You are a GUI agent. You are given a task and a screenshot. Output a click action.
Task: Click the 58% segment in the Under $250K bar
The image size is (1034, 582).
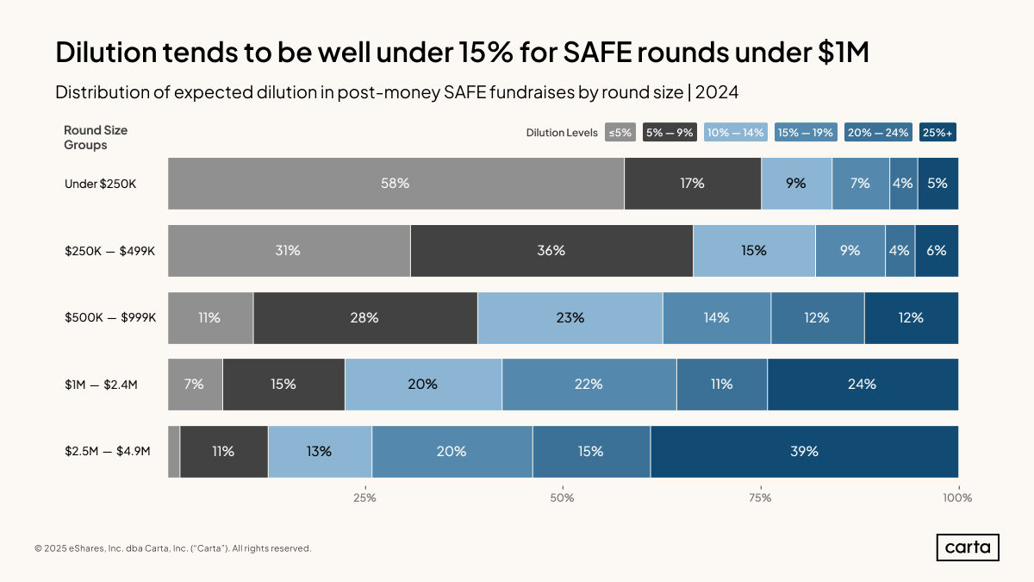396,183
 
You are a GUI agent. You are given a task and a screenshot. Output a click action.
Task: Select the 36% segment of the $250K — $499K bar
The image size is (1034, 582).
551,250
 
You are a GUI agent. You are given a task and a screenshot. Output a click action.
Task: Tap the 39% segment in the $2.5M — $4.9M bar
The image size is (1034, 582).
804,451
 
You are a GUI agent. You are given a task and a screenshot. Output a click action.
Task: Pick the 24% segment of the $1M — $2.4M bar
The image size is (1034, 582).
862,385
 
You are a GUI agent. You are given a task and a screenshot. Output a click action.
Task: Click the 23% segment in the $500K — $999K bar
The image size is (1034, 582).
570,317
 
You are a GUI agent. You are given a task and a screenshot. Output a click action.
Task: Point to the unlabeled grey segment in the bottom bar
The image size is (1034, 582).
174,451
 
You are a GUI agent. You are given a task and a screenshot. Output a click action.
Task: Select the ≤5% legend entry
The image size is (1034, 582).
620,133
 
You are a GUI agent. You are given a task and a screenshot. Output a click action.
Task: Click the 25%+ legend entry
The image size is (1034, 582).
938,133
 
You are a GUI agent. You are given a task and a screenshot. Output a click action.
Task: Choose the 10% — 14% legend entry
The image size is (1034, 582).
735,133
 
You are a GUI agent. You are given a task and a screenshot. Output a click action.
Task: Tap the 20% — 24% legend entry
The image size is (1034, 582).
879,133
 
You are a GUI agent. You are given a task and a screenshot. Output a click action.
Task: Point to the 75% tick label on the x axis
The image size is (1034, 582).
760,498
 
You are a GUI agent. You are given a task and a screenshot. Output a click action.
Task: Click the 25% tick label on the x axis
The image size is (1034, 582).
364,498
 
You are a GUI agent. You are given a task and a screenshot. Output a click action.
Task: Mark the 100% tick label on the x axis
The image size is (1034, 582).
956,498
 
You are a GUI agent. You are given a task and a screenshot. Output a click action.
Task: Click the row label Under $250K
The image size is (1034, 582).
100,184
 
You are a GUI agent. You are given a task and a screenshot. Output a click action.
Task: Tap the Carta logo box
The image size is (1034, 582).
968,548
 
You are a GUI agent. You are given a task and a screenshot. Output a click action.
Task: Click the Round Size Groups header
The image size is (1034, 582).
96,138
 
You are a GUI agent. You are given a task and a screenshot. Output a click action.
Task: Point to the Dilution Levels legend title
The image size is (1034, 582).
562,133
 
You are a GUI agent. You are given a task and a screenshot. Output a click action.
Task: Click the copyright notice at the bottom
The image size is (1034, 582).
172,548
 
